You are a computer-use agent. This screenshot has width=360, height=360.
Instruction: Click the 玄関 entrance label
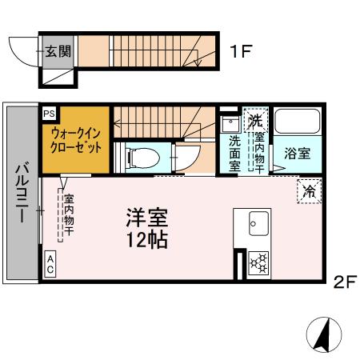tap(58, 51)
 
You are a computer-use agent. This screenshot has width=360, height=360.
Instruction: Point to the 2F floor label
tap(344, 282)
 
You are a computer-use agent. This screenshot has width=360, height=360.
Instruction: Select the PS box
tap(50, 114)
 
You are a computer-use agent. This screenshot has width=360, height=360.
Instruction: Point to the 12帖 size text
tap(146, 239)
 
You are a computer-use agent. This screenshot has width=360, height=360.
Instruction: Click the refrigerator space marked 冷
tap(309, 190)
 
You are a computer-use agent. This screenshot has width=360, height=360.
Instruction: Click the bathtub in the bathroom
tap(298, 125)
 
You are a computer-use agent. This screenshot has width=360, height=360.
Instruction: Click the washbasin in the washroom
tap(230, 124)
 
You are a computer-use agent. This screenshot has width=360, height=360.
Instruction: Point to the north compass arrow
tap(325, 334)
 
